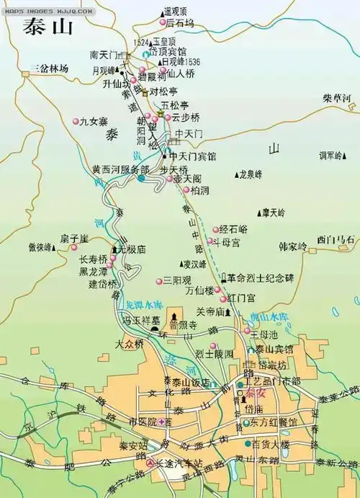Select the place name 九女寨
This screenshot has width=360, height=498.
[x=94, y=122]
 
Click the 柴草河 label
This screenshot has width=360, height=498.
[x=336, y=99]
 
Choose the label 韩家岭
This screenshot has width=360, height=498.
[x=292, y=246]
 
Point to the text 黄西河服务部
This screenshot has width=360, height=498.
[x=120, y=169]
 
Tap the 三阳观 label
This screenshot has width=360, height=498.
[x=177, y=280]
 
